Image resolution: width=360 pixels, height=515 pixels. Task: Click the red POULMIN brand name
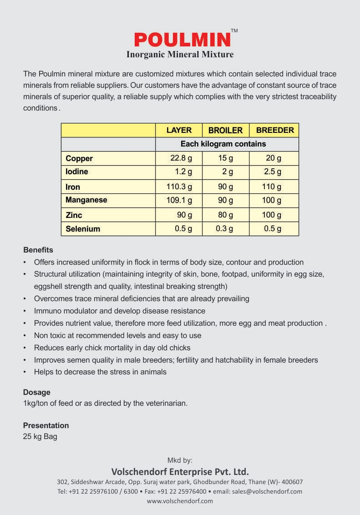tap(182, 40)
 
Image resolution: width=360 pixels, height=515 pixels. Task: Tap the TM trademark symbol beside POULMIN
tap(234, 31)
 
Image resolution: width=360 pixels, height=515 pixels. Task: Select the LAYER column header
tap(179, 130)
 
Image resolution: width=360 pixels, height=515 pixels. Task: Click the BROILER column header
tap(225, 131)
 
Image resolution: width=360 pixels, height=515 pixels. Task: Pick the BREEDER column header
tap(275, 130)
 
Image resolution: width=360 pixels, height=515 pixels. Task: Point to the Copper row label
tap(79, 158)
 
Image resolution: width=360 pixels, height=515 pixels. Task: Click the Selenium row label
tap(83, 229)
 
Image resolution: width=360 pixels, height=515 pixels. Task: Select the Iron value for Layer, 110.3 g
tap(179, 187)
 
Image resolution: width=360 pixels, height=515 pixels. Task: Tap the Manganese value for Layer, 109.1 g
tap(179, 200)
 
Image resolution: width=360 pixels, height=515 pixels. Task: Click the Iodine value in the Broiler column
tap(228, 172)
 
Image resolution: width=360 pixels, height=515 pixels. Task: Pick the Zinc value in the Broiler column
tap(225, 215)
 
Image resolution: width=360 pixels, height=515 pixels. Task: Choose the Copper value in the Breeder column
tap(274, 158)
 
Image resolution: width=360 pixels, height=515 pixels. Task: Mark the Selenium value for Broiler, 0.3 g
tap(224, 229)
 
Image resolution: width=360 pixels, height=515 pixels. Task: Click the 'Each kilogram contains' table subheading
tap(223, 144)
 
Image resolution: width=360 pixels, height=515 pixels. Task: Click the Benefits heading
tap(38, 250)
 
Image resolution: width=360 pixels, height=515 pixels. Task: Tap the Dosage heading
tap(37, 392)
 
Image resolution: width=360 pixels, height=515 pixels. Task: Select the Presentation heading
tap(46, 425)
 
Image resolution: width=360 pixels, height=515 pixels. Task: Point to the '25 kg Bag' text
tap(40, 437)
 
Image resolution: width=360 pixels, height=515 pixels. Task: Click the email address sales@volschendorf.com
tap(267, 491)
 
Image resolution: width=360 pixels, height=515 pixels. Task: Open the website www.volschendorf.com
tap(180, 501)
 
